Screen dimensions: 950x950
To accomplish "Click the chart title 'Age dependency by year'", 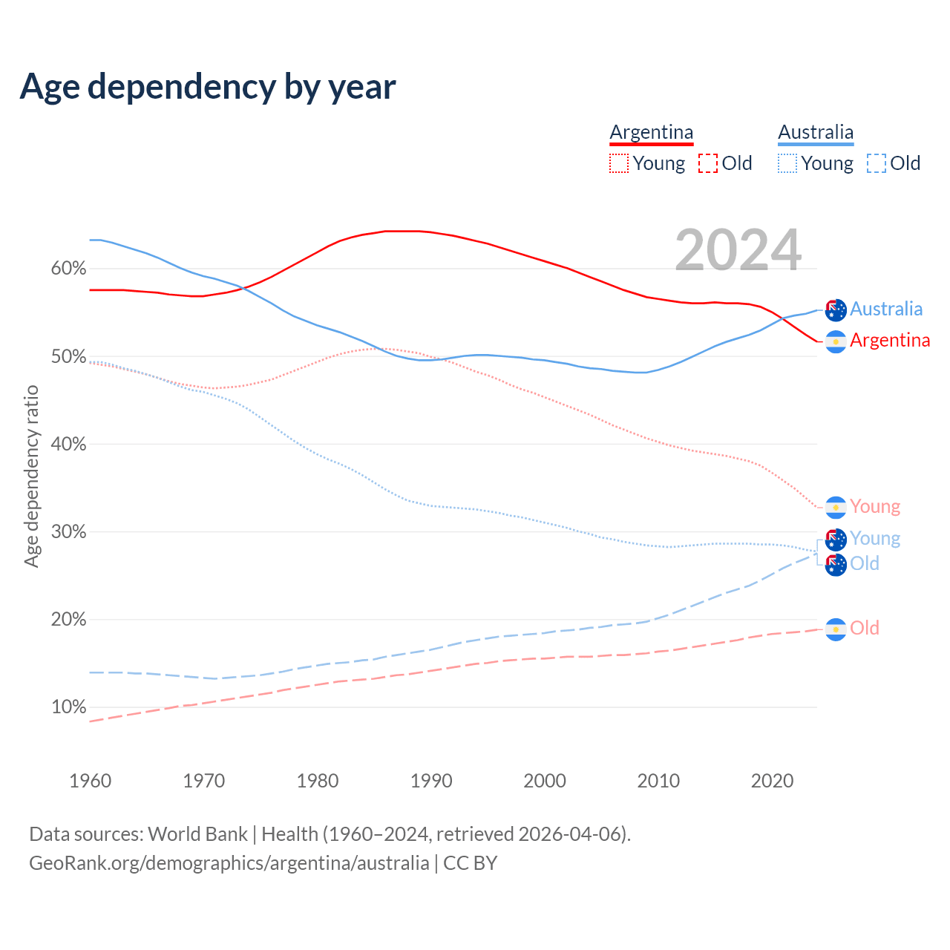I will [208, 87].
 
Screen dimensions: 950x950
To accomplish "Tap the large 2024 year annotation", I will [738, 250].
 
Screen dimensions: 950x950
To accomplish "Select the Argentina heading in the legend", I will [652, 132].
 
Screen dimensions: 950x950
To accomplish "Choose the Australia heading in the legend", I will [816, 132].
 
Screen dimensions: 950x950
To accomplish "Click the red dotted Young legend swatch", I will [618, 163].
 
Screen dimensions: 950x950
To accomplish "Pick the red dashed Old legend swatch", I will [708, 163].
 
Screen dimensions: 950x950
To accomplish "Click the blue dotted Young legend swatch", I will [787, 163].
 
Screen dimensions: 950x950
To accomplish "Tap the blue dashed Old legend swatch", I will [877, 163].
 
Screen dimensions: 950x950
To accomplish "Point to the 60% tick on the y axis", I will [68, 269].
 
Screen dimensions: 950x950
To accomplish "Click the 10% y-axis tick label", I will [68, 707].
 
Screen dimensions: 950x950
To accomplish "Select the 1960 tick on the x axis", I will [90, 781].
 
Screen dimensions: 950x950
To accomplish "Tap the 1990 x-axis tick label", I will [431, 781].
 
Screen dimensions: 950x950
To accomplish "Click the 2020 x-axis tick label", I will [772, 781].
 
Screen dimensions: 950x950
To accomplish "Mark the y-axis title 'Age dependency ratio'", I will [31, 476].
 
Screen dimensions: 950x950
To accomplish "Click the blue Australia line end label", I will [886, 309].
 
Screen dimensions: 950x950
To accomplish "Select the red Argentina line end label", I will [890, 340].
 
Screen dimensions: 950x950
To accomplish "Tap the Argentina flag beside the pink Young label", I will [836, 507].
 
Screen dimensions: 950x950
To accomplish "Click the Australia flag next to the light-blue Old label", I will [836, 565].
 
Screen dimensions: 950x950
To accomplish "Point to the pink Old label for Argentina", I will [865, 628].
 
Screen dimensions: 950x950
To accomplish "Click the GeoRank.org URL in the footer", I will [229, 863].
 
